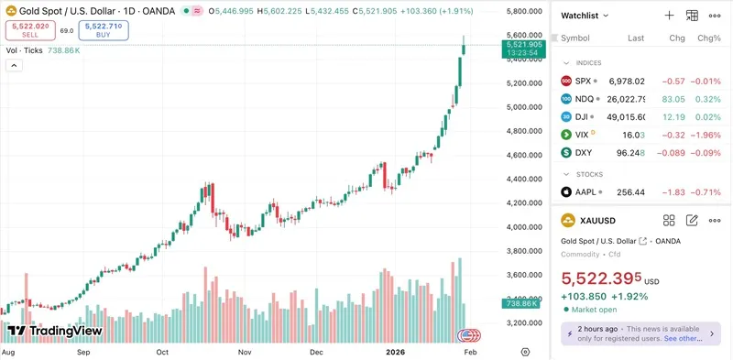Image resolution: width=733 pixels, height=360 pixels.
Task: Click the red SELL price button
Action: [30, 30]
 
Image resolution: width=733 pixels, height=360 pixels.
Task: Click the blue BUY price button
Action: [103, 30]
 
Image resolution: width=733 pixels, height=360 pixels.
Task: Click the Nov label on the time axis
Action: [245, 352]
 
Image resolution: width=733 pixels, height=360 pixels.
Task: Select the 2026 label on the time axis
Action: [395, 352]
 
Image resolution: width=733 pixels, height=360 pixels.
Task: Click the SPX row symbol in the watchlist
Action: [583, 82]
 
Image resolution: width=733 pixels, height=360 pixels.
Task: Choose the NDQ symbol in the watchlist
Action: [584, 99]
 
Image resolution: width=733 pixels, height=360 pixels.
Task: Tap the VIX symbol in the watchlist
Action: [582, 135]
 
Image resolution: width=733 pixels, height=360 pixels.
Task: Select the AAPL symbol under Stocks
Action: [585, 192]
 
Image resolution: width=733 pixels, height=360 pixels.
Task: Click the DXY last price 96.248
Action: [629, 152]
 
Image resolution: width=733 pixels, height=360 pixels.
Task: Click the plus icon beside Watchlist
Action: [669, 16]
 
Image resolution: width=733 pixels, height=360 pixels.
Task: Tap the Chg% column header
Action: [709, 38]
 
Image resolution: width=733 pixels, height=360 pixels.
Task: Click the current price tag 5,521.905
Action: [523, 45]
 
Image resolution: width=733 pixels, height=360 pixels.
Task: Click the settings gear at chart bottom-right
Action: [525, 352]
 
